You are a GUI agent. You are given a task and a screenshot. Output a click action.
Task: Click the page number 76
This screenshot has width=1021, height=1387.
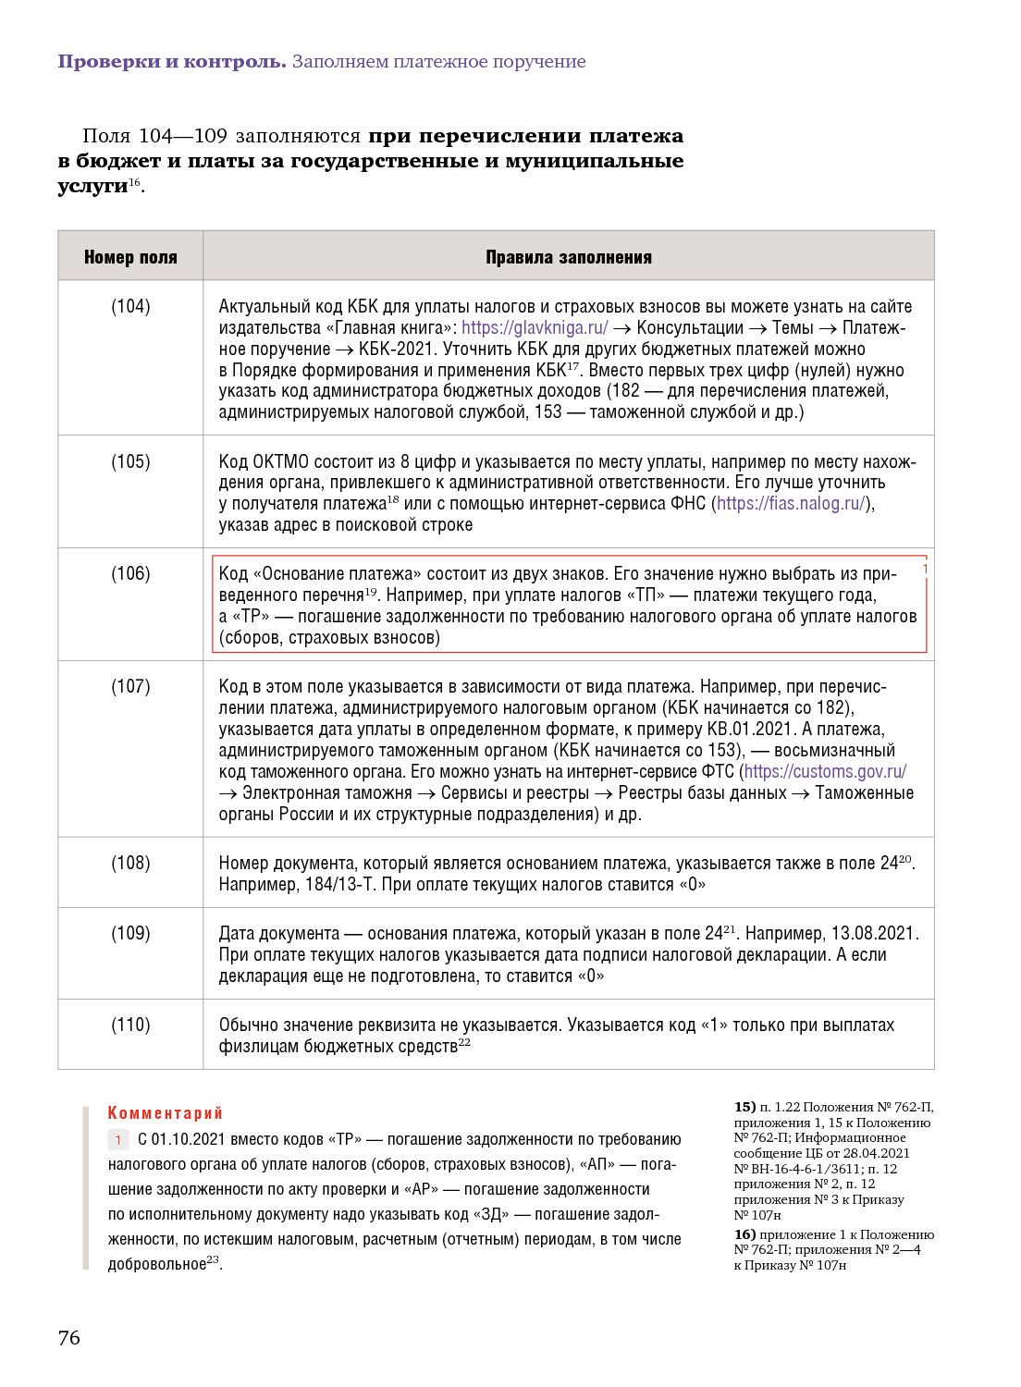(x=69, y=1337)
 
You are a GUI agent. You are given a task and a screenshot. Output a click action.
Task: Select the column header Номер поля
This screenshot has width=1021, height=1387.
(x=130, y=257)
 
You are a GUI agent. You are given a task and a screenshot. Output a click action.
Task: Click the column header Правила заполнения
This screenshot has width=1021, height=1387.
(x=569, y=257)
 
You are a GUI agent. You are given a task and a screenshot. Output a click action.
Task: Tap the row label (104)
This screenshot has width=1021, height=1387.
(x=130, y=306)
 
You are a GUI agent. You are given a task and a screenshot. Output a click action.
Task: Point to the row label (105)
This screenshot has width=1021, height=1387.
(x=130, y=461)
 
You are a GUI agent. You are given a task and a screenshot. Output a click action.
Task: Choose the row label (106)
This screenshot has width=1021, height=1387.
(x=130, y=573)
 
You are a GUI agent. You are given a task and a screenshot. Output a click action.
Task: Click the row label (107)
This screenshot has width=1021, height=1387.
(x=130, y=686)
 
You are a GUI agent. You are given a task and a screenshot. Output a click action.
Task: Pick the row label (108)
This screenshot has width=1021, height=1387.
(x=130, y=863)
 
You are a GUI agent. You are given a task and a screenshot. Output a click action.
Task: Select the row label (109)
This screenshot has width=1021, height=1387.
(x=130, y=933)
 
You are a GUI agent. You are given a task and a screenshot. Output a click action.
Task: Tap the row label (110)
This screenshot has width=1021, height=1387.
(x=130, y=1025)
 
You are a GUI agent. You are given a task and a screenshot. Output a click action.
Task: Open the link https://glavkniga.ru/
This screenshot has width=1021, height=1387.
(x=535, y=327)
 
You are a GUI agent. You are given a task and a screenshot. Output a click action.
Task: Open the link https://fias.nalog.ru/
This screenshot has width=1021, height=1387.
(x=792, y=503)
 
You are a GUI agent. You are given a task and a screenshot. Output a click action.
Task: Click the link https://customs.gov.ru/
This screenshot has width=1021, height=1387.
(x=825, y=771)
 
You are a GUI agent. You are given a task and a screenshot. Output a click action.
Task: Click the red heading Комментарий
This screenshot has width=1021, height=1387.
(x=166, y=1112)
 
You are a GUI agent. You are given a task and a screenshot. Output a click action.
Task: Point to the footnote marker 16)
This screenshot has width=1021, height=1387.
(x=744, y=1234)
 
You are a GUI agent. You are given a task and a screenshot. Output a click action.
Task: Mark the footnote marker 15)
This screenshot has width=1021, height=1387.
(x=744, y=1107)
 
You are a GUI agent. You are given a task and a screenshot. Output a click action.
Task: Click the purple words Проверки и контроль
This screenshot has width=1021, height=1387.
(x=172, y=62)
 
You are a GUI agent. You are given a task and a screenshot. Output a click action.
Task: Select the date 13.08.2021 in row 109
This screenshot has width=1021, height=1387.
(x=872, y=933)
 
